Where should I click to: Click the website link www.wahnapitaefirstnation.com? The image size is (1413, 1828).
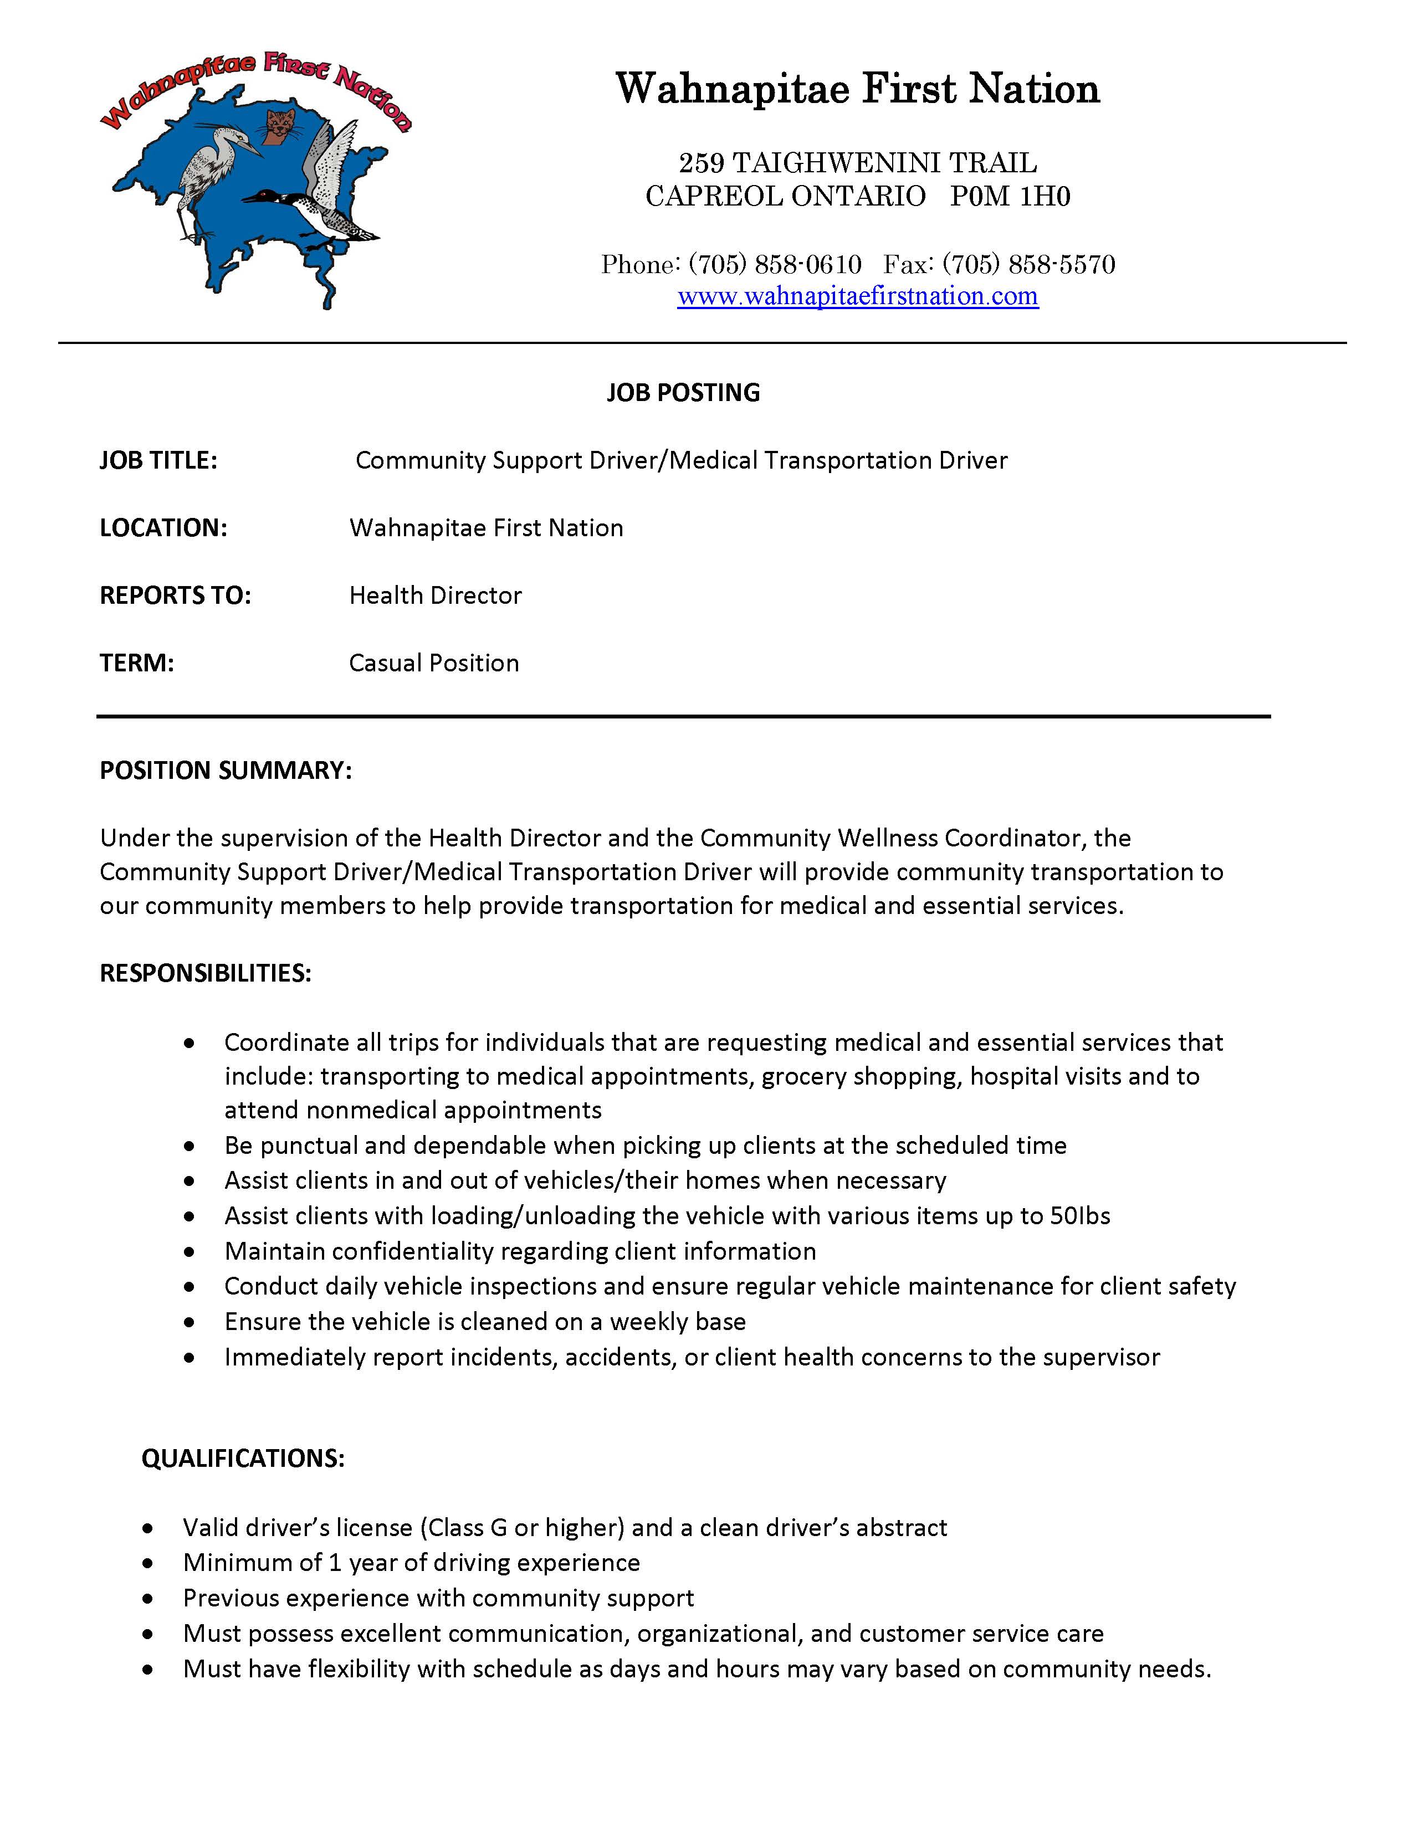tap(857, 296)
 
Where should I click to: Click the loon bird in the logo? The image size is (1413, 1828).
tap(314, 210)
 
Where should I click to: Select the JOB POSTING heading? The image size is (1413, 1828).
tap(683, 393)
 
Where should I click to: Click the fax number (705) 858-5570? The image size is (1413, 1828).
tap(1029, 264)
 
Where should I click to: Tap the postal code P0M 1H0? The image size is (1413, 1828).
tap(1010, 196)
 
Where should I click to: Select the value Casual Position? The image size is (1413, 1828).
tap(434, 663)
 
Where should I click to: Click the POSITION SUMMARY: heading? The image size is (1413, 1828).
tap(225, 770)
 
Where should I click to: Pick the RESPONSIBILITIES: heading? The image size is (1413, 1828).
tap(205, 973)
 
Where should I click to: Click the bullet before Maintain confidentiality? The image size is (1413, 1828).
tap(191, 1252)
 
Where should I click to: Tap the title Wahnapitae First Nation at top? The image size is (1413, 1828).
tap(857, 89)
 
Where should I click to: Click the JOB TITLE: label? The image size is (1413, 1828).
tap(158, 460)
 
